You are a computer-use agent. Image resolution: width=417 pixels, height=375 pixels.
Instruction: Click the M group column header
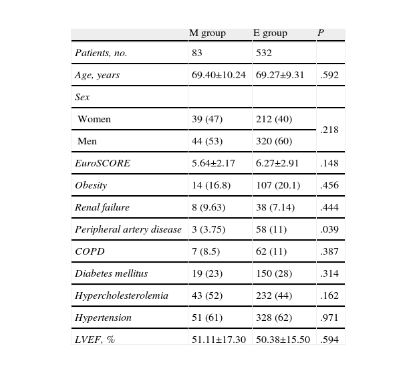tap(207, 33)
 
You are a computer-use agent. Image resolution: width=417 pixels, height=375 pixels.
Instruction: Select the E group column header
tap(270, 33)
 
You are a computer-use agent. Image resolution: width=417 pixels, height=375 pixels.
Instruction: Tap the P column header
tap(320, 33)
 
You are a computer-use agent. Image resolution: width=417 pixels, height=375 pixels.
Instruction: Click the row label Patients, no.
tap(101, 53)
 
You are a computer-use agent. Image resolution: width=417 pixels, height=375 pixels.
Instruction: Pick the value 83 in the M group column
tap(196, 53)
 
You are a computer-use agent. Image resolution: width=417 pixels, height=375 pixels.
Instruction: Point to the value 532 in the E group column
tap(264, 53)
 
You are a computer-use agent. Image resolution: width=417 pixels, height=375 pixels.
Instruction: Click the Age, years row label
tap(97, 75)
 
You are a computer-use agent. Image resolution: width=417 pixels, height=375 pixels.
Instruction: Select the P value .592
tap(329, 75)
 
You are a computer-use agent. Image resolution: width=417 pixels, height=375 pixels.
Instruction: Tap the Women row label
tap(94, 119)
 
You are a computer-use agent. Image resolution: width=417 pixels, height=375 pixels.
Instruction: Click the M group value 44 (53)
tap(207, 141)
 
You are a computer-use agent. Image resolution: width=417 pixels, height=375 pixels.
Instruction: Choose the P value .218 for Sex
tap(329, 130)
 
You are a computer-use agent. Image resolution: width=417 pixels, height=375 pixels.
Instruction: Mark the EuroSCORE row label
tap(102, 163)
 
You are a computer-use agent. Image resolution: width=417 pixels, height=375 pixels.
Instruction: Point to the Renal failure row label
tap(102, 207)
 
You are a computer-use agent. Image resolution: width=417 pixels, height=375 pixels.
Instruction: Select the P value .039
tap(329, 229)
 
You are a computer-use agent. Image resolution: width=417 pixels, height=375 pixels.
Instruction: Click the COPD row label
tap(90, 251)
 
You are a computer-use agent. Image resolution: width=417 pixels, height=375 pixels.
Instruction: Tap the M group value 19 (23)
tap(207, 273)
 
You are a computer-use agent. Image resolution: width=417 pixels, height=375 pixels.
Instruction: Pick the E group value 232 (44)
tap(274, 295)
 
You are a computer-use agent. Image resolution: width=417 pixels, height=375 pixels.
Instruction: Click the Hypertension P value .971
tap(329, 318)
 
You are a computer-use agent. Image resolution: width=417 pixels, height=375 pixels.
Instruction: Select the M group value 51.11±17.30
tap(219, 340)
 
